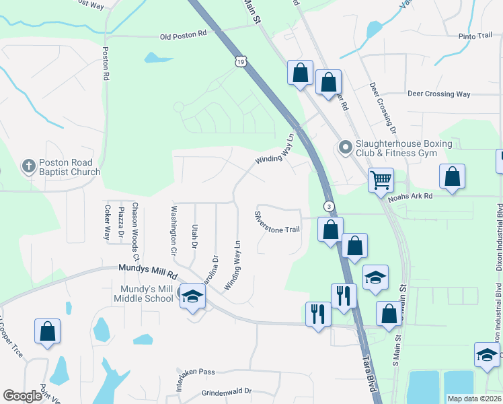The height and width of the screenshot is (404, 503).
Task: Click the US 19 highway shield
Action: (x=241, y=62)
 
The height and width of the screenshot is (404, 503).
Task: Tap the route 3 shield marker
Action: (x=328, y=206)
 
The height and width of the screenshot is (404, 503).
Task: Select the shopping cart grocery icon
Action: (x=381, y=180)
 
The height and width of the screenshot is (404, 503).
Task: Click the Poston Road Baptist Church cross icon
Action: (x=28, y=165)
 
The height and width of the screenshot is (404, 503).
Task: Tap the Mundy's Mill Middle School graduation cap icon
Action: (x=192, y=297)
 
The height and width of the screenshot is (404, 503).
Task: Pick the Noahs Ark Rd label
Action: (x=428, y=196)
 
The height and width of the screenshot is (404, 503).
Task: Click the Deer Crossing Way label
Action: (x=438, y=94)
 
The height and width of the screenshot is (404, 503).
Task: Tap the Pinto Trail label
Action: (x=475, y=36)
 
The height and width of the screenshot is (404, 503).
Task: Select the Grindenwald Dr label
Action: (x=226, y=391)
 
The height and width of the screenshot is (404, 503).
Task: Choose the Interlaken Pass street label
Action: (x=196, y=371)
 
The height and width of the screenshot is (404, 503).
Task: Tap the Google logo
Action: (x=22, y=396)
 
